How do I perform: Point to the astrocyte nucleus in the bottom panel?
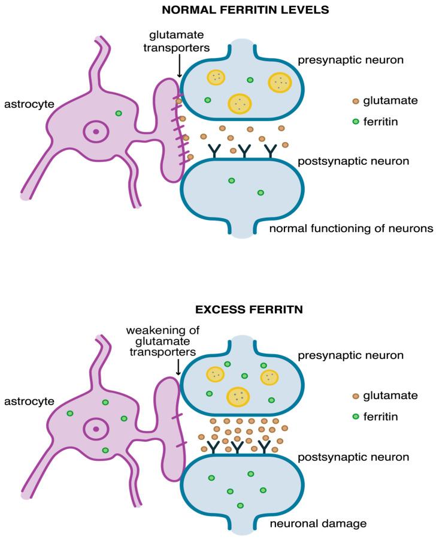coord(95,429)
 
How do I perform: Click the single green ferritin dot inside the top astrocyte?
coord(119,113)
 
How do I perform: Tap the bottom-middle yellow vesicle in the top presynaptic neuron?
coord(240,103)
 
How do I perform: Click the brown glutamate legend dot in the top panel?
coord(356,101)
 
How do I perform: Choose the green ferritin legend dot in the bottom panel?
coord(356,415)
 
